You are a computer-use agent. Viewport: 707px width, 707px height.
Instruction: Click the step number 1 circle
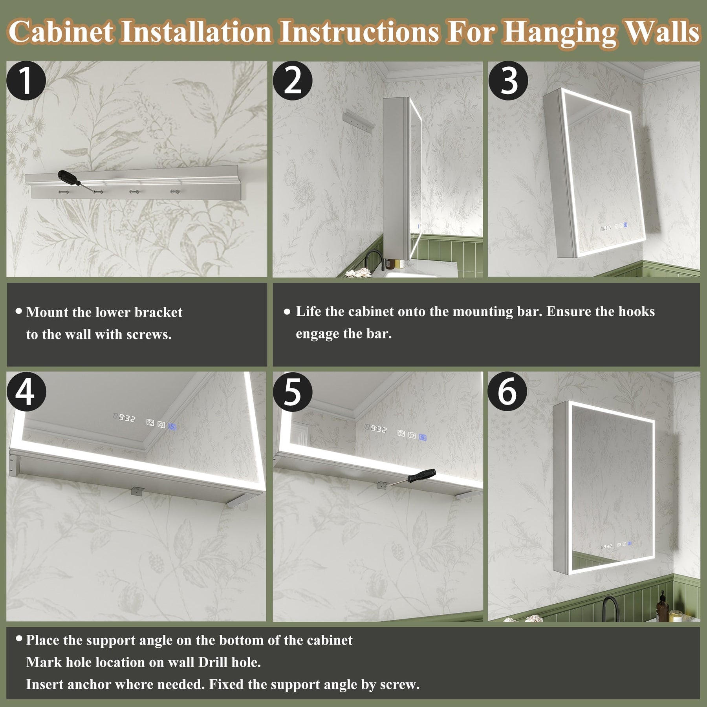click(x=26, y=81)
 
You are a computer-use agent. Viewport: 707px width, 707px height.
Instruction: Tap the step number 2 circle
click(x=293, y=81)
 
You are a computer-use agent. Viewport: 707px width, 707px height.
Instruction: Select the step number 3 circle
click(x=508, y=81)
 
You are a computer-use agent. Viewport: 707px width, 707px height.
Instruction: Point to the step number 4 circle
click(x=26, y=392)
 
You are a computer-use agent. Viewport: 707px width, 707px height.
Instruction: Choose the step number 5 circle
click(x=293, y=392)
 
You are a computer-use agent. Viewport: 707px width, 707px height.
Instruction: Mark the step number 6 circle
click(x=507, y=392)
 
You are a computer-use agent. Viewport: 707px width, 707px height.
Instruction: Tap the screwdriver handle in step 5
click(x=422, y=476)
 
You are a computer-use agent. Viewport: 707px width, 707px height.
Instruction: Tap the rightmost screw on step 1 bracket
click(x=174, y=191)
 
